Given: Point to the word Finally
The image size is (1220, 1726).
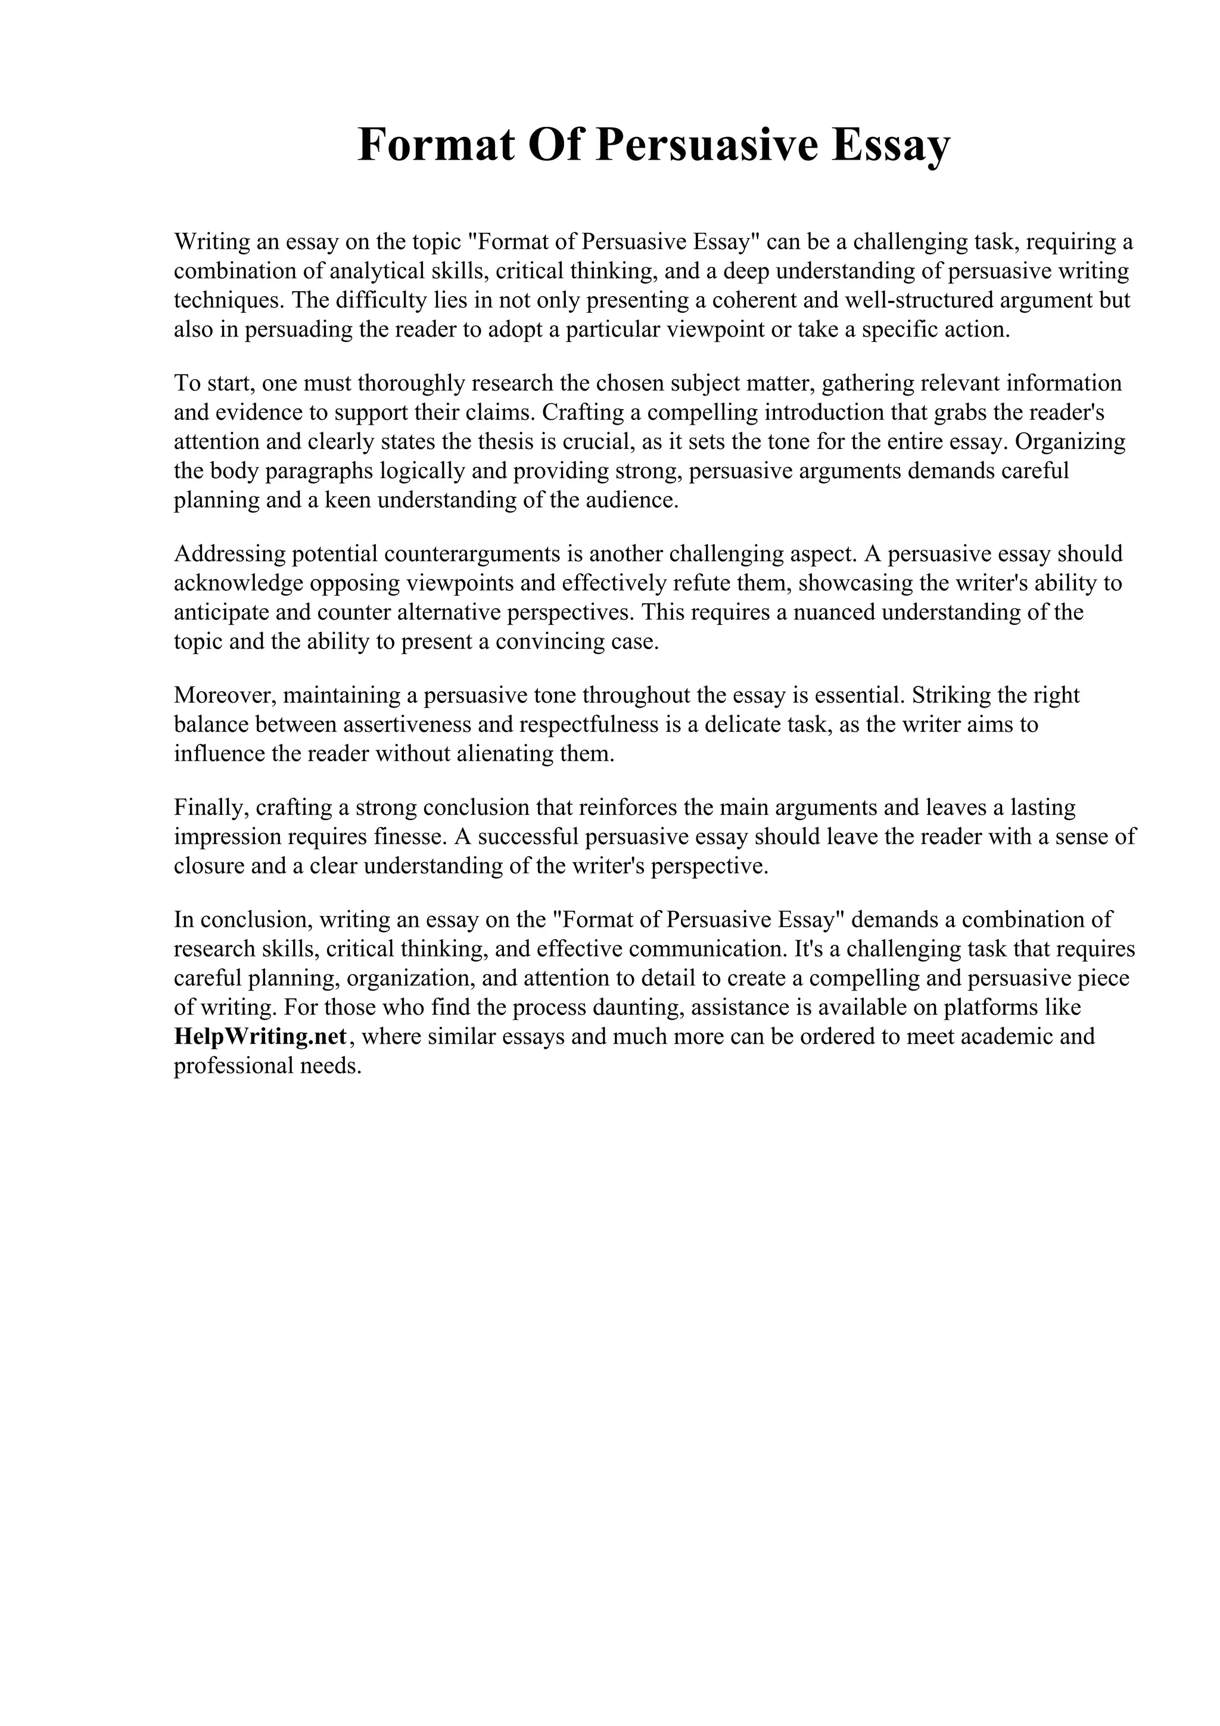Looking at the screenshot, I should (210, 808).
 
